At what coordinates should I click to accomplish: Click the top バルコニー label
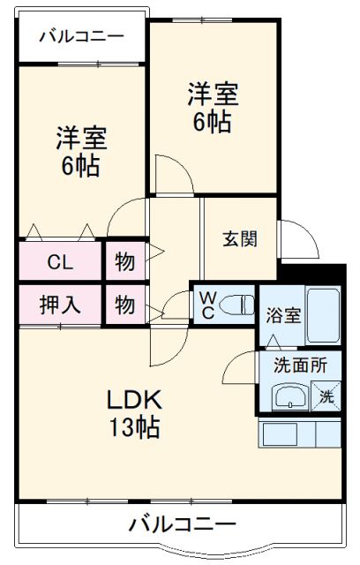click(x=80, y=36)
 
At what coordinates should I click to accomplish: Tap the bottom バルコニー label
click(x=183, y=524)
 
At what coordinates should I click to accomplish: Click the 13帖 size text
click(x=133, y=429)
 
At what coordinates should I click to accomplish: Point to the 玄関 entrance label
click(x=239, y=237)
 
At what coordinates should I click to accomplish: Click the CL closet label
click(x=60, y=262)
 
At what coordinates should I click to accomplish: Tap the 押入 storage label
click(x=60, y=305)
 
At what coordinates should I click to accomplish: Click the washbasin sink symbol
click(x=289, y=398)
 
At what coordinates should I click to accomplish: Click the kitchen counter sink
click(x=281, y=433)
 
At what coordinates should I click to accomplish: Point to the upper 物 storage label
click(x=124, y=262)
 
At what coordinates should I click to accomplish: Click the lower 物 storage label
click(x=124, y=305)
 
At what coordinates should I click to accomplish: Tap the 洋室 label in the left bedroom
click(x=80, y=139)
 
